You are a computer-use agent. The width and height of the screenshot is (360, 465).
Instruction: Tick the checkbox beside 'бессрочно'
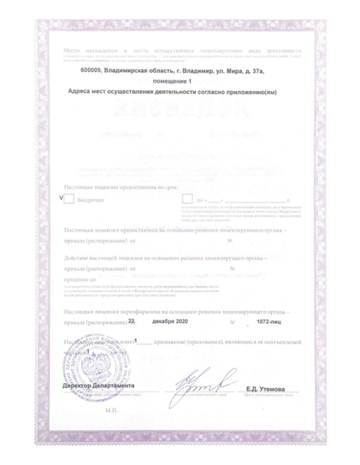point(69,199)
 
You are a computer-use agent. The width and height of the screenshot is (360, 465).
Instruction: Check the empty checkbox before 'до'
point(188,199)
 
